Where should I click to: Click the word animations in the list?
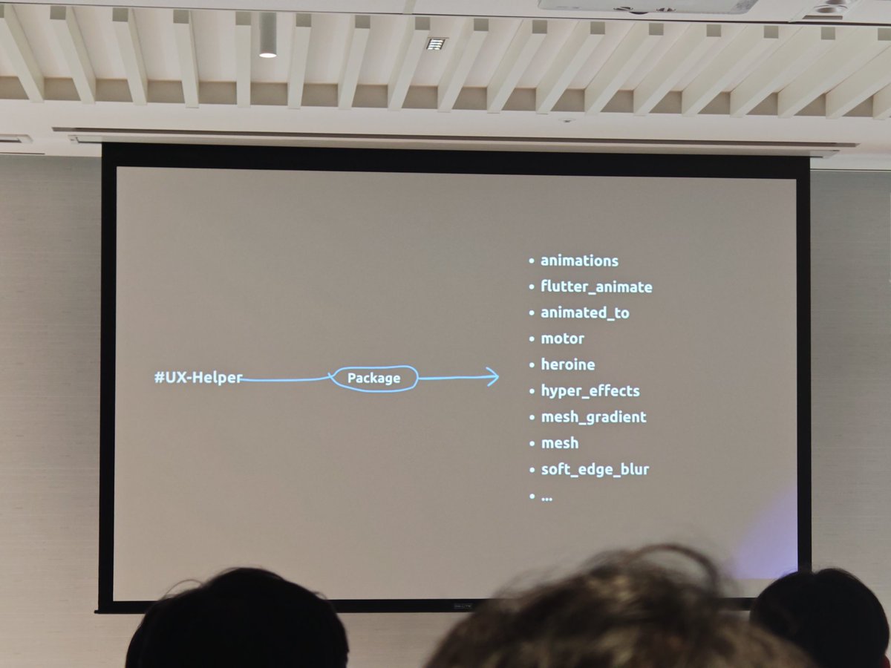[x=579, y=261]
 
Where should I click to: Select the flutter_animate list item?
[x=596, y=286]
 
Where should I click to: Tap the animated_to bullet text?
[x=584, y=312]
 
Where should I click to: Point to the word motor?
[x=562, y=338]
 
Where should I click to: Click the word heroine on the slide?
[x=567, y=364]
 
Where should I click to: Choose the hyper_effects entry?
[x=590, y=390]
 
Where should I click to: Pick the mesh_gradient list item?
[x=593, y=417]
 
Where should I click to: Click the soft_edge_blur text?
[x=595, y=469]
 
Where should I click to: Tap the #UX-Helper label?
[x=198, y=378]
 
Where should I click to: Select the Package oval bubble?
[x=373, y=379]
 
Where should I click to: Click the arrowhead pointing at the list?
[x=492, y=377]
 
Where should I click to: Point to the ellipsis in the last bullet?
[x=547, y=497]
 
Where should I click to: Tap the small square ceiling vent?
[x=435, y=44]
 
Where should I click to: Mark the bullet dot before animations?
[x=532, y=261]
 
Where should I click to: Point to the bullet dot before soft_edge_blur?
[x=532, y=470]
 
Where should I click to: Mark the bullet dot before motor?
[x=532, y=339]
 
